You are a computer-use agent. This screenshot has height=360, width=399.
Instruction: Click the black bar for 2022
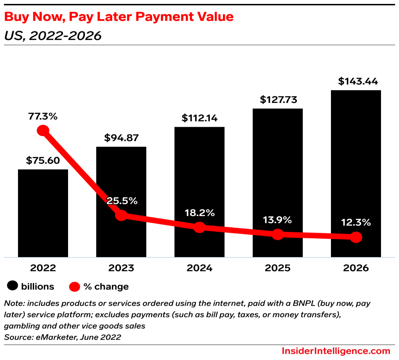pos(43,213)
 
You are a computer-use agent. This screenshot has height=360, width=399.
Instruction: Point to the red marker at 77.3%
pos(43,131)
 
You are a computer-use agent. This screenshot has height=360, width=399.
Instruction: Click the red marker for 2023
pos(121,215)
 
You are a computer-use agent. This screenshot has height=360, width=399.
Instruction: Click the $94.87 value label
pos(121,138)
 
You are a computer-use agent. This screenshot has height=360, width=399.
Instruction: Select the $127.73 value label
pos(277,99)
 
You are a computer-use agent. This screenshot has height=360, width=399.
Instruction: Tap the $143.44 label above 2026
pos(356,81)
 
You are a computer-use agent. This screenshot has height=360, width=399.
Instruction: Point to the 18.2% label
pos(199,213)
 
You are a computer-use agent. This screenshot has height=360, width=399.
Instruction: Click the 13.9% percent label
pos(277,220)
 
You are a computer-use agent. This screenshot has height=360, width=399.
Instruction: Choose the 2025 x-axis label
pos(277,268)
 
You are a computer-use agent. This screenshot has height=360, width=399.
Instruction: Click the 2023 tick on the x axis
pos(121,268)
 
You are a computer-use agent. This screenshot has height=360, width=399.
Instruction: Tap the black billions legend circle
pos(13,286)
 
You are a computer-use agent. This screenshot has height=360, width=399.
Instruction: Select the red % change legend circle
pos(74,287)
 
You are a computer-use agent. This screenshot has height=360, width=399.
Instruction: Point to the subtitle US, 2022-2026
pos(52,36)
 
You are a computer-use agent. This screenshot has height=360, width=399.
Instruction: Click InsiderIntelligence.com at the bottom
pos(336,351)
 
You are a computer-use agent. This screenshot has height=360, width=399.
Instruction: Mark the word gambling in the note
pos(20,326)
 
